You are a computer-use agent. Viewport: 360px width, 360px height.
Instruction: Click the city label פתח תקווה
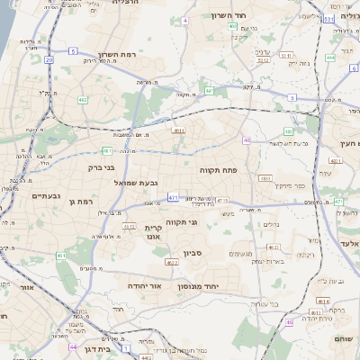[x=218, y=168]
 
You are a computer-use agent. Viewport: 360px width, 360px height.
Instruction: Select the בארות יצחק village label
[x=269, y=261]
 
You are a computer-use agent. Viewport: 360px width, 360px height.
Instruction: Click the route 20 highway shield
[x=47, y=58]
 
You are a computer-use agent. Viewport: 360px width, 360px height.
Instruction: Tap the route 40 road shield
[x=246, y=139]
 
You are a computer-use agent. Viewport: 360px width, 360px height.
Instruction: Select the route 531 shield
[x=329, y=17]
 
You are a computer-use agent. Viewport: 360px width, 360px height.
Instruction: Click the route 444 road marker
[x=330, y=58]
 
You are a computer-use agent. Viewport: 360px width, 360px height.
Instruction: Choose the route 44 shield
[x=73, y=346]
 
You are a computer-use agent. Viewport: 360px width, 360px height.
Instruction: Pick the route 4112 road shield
[x=129, y=226]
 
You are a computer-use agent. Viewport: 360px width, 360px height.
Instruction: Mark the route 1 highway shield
[x=127, y=346]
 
